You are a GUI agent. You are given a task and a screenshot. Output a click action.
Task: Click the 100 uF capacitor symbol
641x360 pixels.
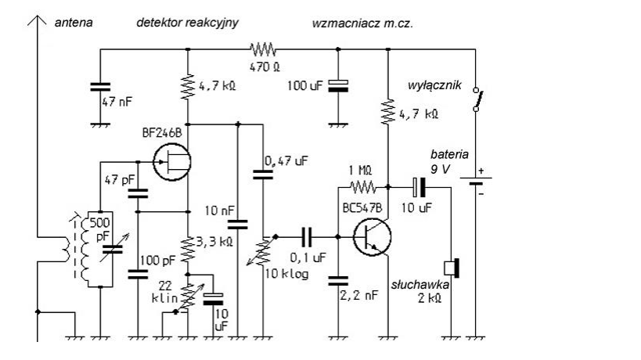point(338,86)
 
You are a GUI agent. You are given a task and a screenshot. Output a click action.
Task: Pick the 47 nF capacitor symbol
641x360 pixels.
point(99,88)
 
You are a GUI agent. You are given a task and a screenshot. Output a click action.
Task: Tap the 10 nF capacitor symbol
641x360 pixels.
point(238,224)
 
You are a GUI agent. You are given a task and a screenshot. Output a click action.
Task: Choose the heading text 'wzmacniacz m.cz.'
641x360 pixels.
point(362,23)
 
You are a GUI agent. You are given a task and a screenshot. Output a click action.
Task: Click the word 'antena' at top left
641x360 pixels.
point(72,23)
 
